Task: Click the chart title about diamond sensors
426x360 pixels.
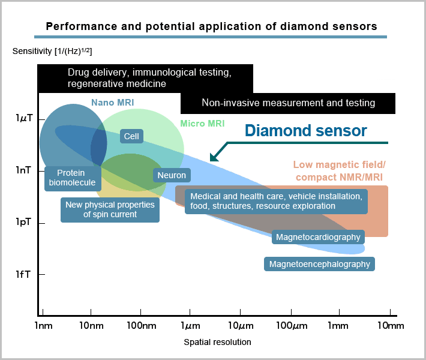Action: pyautogui.click(x=211, y=26)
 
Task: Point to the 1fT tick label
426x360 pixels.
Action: pyautogui.click(x=23, y=274)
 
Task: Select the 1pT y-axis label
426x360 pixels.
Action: pyautogui.click(x=23, y=223)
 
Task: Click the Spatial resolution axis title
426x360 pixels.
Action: pyautogui.click(x=217, y=342)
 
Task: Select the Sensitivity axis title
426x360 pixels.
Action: pyautogui.click(x=52, y=50)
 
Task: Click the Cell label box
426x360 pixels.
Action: pyautogui.click(x=131, y=136)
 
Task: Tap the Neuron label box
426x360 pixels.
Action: pyautogui.click(x=172, y=175)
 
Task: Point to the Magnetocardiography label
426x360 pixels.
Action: pyautogui.click(x=318, y=237)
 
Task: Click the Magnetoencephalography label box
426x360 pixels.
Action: pyautogui.click(x=319, y=264)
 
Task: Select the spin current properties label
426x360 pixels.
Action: pyautogui.click(x=110, y=209)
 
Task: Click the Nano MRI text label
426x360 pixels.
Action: pyautogui.click(x=112, y=103)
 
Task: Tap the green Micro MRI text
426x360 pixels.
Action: pyautogui.click(x=202, y=124)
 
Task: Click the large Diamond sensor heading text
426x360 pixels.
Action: pyautogui.click(x=306, y=130)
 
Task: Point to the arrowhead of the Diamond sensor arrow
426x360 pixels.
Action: pyautogui.click(x=212, y=159)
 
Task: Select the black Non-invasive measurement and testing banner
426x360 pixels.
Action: pyautogui.click(x=288, y=103)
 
